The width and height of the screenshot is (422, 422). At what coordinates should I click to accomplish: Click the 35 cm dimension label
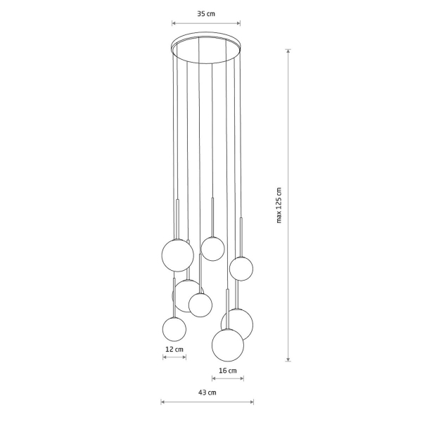pos(206,14)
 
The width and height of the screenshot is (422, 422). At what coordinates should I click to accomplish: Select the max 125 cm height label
pos(279,205)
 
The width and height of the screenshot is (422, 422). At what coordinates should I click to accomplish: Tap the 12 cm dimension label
pos(174,350)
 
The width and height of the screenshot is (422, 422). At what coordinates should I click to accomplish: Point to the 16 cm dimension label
pos(228,371)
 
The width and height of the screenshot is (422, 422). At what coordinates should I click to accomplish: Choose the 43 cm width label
pos(207,392)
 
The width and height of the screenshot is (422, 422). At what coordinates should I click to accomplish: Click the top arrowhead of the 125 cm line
pos(288,51)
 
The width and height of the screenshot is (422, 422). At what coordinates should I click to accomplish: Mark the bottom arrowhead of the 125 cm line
pos(288,359)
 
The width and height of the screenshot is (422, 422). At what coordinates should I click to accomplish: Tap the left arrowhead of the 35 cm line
pos(174,23)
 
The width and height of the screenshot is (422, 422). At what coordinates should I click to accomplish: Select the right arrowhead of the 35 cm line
pos(238,23)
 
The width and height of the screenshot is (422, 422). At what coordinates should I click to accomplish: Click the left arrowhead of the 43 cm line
pos(162,402)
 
